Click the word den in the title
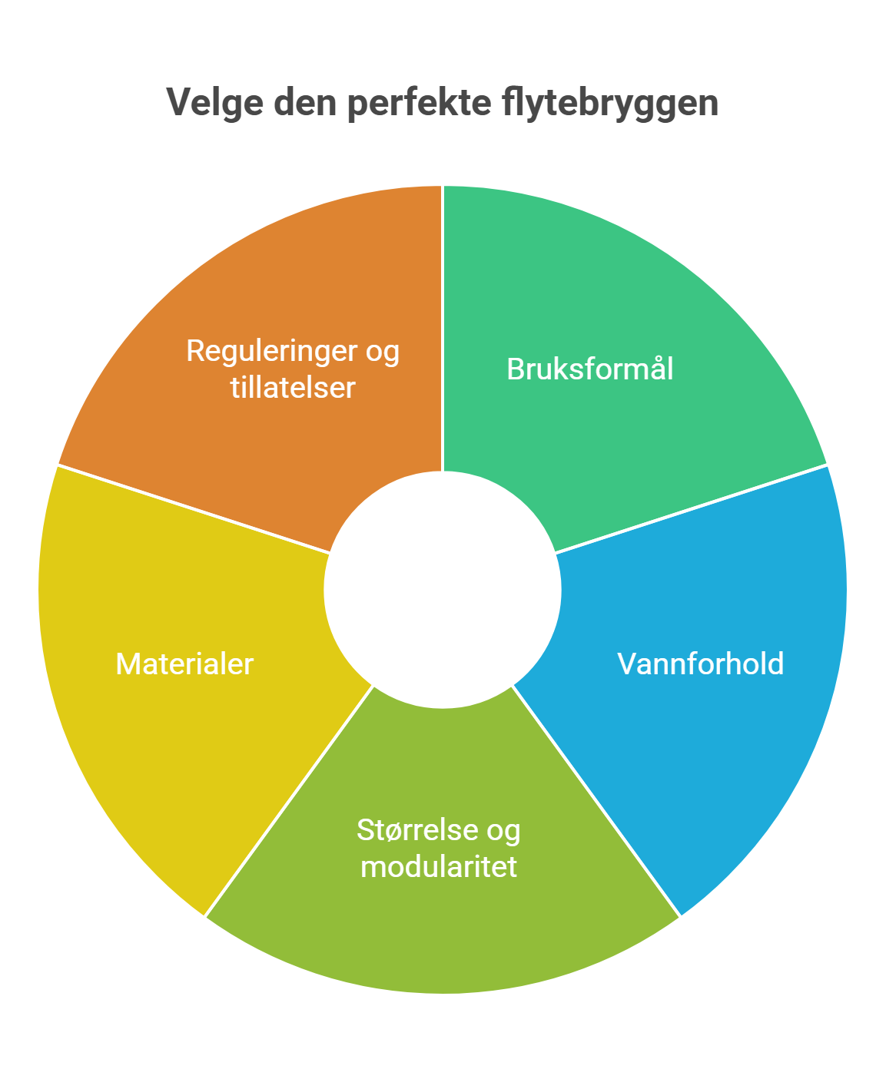tap(306, 102)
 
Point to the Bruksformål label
tap(590, 369)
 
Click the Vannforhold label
tap(701, 664)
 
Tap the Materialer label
tap(184, 664)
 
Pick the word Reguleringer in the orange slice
tap(271, 352)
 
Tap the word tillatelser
tap(293, 388)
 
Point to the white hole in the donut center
tap(443, 590)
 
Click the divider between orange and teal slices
tap(443, 328)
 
